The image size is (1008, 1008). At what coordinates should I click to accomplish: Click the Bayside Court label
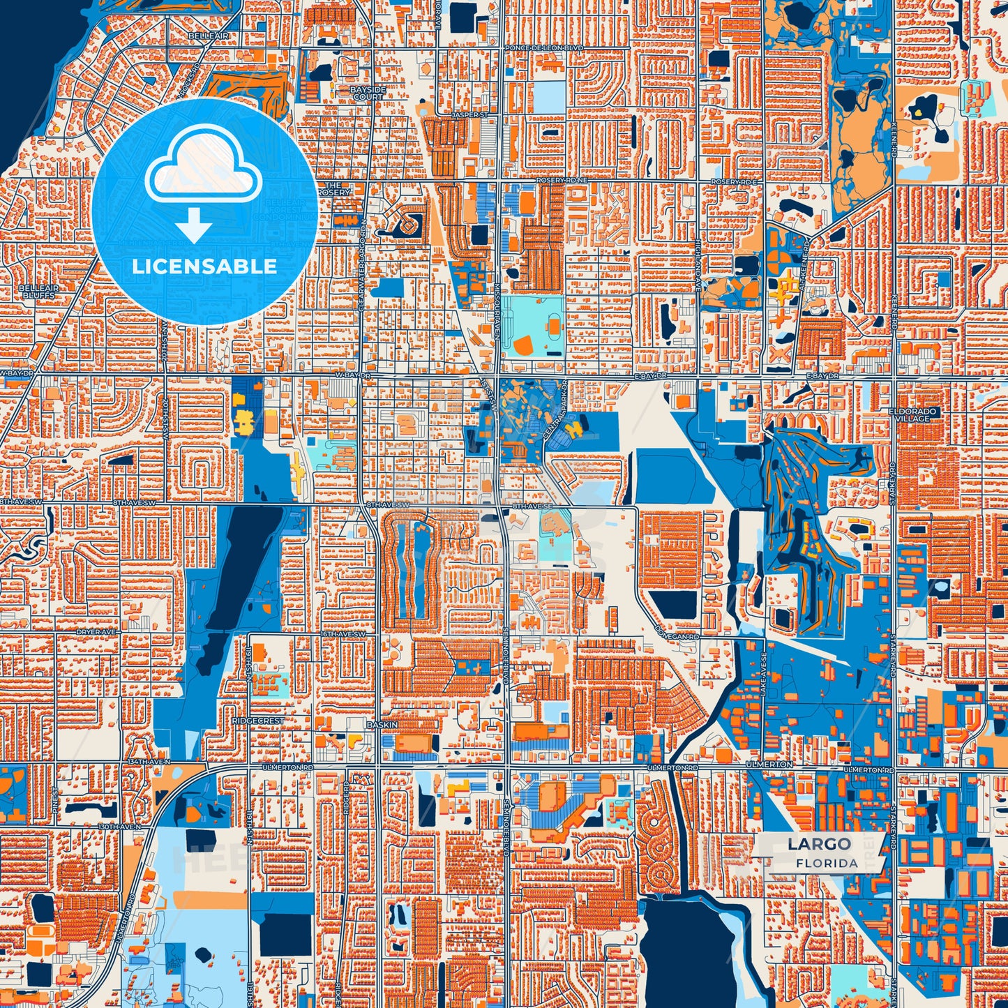point(368,93)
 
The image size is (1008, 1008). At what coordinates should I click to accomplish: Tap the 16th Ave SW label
point(343,634)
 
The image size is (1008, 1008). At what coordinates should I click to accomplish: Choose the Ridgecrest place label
point(258,720)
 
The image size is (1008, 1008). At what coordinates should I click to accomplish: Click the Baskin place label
point(382,725)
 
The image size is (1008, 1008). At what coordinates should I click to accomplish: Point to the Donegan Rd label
point(676,636)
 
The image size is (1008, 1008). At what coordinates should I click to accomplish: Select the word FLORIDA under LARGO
point(827,863)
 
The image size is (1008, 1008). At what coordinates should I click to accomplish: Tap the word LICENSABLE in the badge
point(204,266)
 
